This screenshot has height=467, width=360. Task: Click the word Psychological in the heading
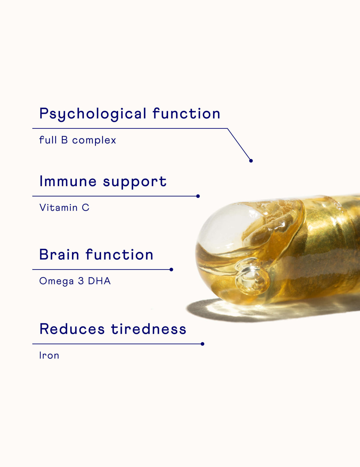[93, 114]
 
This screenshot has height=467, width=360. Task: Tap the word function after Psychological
[186, 113]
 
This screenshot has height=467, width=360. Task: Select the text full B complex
[77, 140]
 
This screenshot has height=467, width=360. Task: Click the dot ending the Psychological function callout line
[251, 161]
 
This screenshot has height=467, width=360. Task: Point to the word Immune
[68, 181]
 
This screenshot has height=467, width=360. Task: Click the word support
[135, 182]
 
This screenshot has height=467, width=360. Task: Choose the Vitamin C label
[64, 208]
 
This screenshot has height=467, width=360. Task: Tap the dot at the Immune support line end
[198, 196]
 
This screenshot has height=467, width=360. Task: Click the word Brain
[59, 255]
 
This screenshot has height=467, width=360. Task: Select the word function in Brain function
[119, 255]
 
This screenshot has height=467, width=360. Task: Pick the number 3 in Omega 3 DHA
[81, 281]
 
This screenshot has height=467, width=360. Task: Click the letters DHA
[99, 281]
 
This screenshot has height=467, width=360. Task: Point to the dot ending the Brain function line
[171, 270]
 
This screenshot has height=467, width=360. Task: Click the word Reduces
[72, 329]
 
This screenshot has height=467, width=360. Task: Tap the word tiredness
[148, 329]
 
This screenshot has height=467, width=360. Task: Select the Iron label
[49, 355]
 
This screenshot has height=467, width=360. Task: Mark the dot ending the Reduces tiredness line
[202, 344]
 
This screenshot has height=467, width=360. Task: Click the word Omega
[56, 281]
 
